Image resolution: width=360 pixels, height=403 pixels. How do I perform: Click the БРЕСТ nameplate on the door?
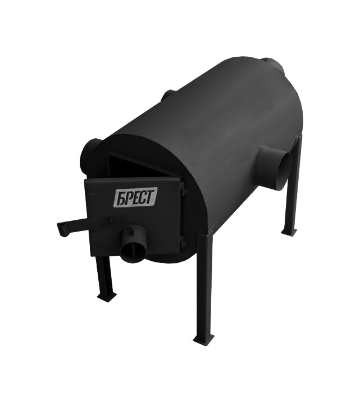click(135, 197)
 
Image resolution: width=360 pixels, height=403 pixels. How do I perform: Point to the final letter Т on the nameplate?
click(151, 195)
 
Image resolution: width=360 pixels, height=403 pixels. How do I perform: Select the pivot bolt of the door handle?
click(110, 220)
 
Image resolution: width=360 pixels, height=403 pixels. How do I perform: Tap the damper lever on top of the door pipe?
click(133, 229)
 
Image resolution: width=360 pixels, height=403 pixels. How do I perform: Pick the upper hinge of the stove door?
click(183, 191)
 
